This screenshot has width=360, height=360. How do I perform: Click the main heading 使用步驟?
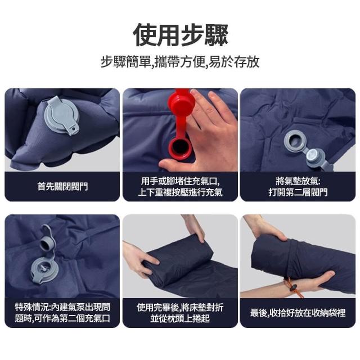[181, 35]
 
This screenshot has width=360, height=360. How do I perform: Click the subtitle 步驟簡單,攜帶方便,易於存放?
[180, 62]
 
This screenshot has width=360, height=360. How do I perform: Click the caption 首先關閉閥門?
[62, 186]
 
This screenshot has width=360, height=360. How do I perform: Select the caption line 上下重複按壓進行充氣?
[180, 192]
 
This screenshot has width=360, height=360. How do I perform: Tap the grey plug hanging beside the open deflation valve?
[316, 157]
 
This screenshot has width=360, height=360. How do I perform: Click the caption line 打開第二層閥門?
[298, 192]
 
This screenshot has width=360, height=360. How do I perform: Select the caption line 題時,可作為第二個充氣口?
[62, 318]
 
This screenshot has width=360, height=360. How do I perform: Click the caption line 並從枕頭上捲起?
[180, 318]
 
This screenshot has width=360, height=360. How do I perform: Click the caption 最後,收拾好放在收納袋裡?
[298, 313]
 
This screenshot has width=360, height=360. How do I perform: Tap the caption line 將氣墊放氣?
[298, 181]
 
